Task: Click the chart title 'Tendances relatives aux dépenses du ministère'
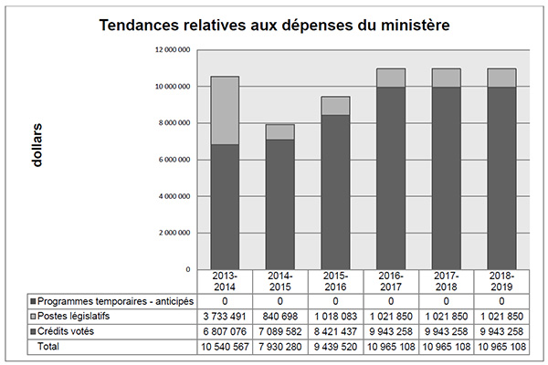[x=274, y=26]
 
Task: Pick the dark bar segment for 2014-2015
[x=280, y=204]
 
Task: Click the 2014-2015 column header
[x=280, y=281]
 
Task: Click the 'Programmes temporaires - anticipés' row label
[x=110, y=300]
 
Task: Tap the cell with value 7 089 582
[x=280, y=332]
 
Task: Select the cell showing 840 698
[x=280, y=316]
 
